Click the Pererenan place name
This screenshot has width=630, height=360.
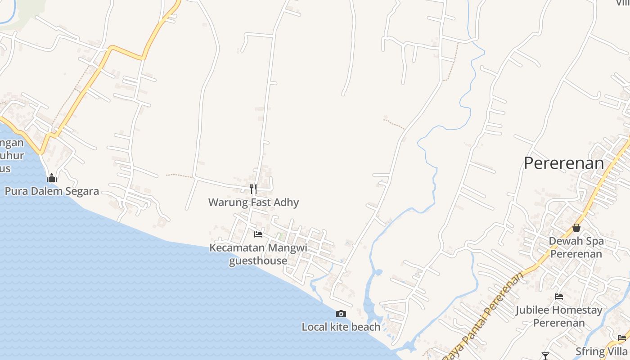tap(563, 163)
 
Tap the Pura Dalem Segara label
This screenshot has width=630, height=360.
tap(52, 191)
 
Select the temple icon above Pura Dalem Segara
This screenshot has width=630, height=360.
tap(52, 178)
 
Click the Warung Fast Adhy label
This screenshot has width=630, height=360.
tap(253, 202)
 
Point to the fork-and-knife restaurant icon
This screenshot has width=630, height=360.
tap(253, 189)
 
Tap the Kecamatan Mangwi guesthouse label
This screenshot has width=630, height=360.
tap(258, 254)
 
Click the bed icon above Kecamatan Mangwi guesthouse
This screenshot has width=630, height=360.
tap(258, 234)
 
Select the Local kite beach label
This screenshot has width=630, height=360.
tap(341, 327)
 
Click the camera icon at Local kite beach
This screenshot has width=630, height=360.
tap(341, 314)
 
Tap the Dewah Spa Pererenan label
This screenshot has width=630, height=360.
tap(576, 247)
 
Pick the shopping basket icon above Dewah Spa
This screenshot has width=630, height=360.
tap(576, 228)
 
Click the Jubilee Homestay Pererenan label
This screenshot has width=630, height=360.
tap(559, 316)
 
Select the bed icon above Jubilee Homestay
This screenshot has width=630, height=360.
tap(559, 296)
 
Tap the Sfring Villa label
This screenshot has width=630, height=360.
tap(602, 351)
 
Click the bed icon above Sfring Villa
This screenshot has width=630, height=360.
tap(622, 337)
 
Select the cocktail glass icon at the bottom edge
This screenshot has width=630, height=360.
tap(545, 356)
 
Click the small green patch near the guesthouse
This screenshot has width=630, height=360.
tap(280, 236)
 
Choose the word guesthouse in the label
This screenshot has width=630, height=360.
tap(258, 261)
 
